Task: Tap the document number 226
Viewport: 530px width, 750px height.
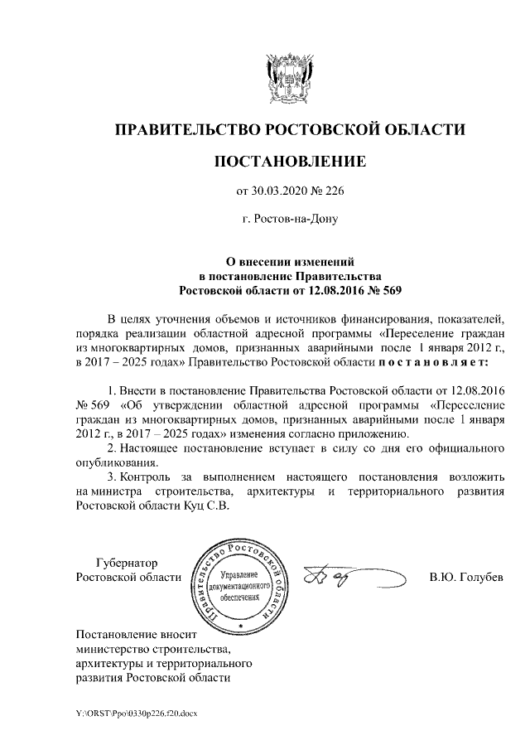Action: [331, 191]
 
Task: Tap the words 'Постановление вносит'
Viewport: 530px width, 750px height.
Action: [132, 634]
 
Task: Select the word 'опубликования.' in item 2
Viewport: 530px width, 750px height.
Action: [117, 463]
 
